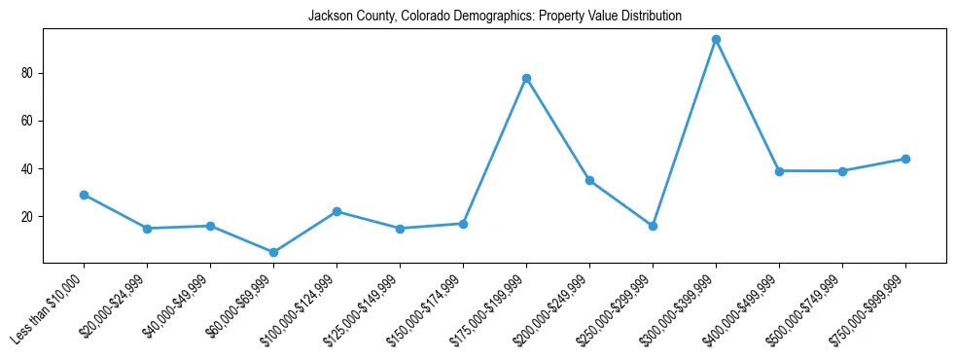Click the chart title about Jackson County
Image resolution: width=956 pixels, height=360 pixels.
pyautogui.click(x=495, y=16)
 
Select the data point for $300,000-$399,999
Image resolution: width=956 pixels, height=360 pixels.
pyautogui.click(x=716, y=40)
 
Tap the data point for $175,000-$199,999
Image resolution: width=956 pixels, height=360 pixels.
pyautogui.click(x=526, y=78)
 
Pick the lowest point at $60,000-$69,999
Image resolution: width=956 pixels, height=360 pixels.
pyautogui.click(x=273, y=252)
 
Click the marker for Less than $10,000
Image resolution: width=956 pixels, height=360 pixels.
pyautogui.click(x=84, y=195)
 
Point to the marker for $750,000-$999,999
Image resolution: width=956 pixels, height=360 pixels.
pyautogui.click(x=905, y=159)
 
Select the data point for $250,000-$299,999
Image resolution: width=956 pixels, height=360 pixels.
pyautogui.click(x=653, y=226)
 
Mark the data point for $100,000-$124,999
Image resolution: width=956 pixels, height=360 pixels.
pyautogui.click(x=336, y=211)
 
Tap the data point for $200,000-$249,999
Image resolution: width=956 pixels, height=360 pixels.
pyautogui.click(x=589, y=180)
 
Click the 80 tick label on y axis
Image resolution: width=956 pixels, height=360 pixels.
pyautogui.click(x=28, y=73)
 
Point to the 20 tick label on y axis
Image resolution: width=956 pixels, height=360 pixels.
pyautogui.click(x=28, y=216)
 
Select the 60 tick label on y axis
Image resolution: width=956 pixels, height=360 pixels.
pyautogui.click(x=28, y=121)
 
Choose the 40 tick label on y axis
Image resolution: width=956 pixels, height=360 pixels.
pyautogui.click(x=28, y=168)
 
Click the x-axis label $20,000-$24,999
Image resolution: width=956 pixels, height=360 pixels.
pyautogui.click(x=114, y=307)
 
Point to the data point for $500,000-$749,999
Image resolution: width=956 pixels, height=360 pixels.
pyautogui.click(x=842, y=171)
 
